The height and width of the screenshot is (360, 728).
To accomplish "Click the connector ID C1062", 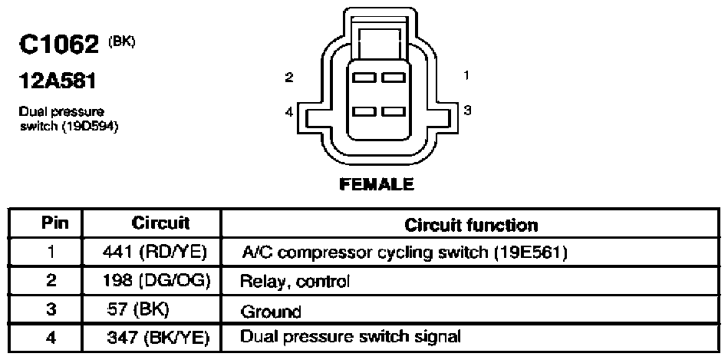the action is point(59,45).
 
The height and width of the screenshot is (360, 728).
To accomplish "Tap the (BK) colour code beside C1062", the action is point(122,41).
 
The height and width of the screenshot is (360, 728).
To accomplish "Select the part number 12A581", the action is point(58,82).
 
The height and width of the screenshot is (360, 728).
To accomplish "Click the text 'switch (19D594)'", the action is point(69,127).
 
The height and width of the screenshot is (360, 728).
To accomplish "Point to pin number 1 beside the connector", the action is point(466,74).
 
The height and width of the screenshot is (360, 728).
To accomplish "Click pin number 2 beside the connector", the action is point(289,77).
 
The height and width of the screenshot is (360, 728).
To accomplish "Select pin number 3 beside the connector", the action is point(467,110).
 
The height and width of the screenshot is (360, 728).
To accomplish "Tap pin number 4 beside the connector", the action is point(289,112).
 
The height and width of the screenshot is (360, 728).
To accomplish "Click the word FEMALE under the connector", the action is point(377,184).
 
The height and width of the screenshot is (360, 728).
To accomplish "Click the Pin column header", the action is point(54,223).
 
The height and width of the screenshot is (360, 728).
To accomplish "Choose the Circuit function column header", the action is point(471,225).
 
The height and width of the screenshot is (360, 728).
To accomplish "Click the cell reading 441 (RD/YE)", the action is point(154,253).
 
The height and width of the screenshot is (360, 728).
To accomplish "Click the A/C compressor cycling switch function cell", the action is point(405,253).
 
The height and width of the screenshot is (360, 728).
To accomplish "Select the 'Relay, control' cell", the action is point(295,282).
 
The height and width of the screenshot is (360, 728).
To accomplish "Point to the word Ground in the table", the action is point(271,311).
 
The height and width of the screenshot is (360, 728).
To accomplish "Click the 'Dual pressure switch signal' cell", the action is point(351,337).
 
